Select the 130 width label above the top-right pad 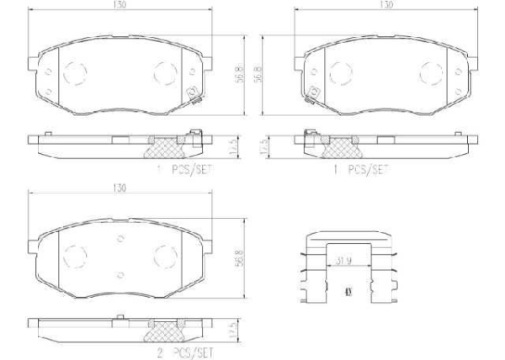(386, 7)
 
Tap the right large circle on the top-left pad (164, 71)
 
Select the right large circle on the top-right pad (427, 71)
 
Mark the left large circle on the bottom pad (77, 253)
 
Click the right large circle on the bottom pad (164, 253)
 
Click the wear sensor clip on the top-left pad (194, 95)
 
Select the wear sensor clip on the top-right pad (312, 95)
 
